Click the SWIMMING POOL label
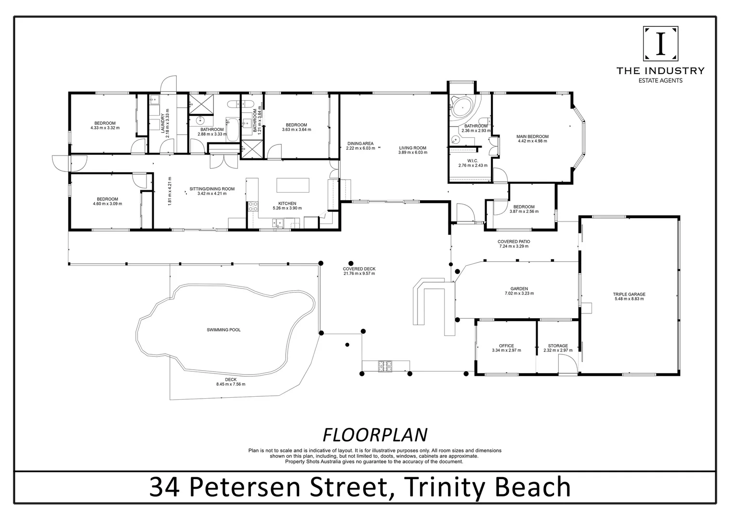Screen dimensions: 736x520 coord(223,330)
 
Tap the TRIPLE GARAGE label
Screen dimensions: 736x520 coord(629,294)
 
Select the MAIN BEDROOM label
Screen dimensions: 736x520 coord(532,136)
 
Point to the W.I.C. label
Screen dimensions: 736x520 coord(473,161)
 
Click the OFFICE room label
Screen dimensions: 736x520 coord(506,346)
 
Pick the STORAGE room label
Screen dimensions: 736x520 coord(558,346)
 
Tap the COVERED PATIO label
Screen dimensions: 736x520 coord(514,241)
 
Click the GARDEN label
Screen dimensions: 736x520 coord(519,289)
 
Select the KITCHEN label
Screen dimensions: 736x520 coord(287,203)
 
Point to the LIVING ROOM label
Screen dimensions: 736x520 coord(413,148)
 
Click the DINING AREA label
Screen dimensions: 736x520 coord(360,143)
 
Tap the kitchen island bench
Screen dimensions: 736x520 coord(293,185)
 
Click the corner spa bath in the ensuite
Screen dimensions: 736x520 coord(461,106)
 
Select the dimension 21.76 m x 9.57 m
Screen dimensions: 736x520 coord(359,273)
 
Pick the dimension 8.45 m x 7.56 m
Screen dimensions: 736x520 coord(231,384)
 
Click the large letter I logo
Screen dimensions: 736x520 coord(660,44)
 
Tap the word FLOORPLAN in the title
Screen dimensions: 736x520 coord(375,435)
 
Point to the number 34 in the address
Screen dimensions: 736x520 coord(164,487)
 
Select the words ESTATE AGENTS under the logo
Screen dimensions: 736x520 coord(660,80)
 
